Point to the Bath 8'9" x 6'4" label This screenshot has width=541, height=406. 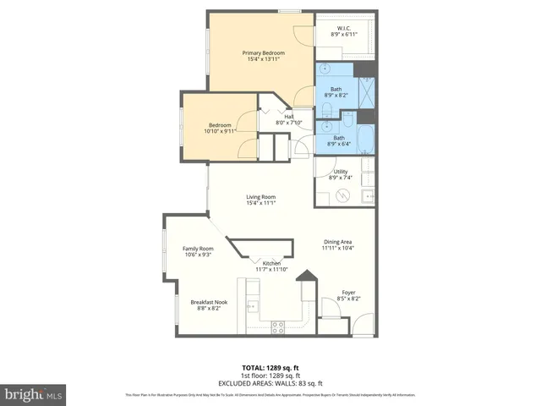click(339, 141)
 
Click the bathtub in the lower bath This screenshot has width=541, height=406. click(369, 140)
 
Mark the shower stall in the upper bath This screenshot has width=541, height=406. click(367, 90)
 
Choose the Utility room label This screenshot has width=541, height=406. click(340, 174)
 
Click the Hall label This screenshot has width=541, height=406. click(288, 120)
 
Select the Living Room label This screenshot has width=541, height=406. click(261, 200)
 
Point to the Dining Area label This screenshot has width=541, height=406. click(339, 244)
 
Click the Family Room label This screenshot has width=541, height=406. click(198, 251)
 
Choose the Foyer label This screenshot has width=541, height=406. click(348, 296)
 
